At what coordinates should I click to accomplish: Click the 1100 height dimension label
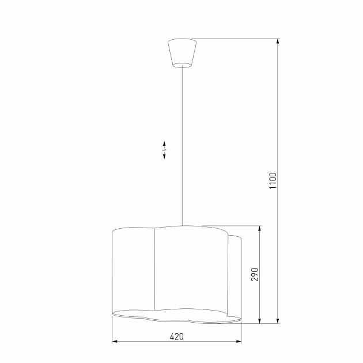tap(273, 181)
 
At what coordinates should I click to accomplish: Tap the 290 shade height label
tap(255, 274)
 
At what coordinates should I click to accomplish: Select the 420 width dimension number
tap(176, 336)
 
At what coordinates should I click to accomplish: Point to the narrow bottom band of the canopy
tap(182, 63)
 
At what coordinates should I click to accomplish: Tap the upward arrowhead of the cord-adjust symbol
tap(164, 143)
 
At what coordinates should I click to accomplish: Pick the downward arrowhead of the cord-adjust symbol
tap(164, 157)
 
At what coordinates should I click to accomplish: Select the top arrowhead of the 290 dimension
tap(260, 228)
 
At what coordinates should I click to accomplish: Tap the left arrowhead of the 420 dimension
tap(114, 342)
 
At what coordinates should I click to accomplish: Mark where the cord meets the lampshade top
tap(182, 225)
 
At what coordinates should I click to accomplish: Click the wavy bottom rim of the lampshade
tap(173, 316)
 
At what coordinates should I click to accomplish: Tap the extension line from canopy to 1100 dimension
tap(236, 39)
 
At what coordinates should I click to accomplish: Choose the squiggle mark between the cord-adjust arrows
tap(164, 150)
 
